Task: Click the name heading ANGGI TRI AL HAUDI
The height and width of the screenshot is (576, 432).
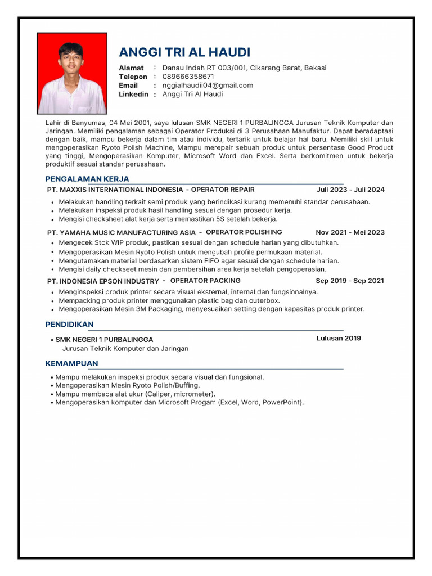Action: (x=184, y=52)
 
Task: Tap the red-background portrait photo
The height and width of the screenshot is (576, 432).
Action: (x=72, y=74)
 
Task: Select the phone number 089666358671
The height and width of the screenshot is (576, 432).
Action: (x=188, y=76)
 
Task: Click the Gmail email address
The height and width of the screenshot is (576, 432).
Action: (x=208, y=85)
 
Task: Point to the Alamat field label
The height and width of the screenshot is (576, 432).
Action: (x=131, y=68)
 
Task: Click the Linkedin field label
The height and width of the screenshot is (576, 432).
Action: (x=133, y=94)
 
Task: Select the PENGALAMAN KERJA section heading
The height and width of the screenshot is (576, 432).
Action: (x=87, y=179)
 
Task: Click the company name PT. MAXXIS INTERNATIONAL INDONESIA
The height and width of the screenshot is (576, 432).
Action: (x=115, y=190)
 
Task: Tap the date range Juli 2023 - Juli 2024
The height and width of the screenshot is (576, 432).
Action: (x=350, y=190)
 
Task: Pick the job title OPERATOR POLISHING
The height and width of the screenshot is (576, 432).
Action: (x=244, y=232)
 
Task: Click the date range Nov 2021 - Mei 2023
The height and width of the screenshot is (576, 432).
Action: (x=350, y=232)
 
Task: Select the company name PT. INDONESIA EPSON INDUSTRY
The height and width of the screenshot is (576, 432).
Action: (x=103, y=281)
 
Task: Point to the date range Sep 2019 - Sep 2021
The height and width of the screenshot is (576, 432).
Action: (x=350, y=281)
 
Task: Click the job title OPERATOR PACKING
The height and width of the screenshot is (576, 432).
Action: (x=205, y=281)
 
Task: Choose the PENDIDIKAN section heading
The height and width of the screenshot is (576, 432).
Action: (x=69, y=325)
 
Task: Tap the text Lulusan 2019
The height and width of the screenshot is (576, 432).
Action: (x=339, y=339)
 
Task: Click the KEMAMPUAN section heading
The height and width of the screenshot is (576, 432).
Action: (x=71, y=363)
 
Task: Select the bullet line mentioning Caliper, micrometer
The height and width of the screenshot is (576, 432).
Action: (x=135, y=394)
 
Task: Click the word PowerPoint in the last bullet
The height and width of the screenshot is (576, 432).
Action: (x=282, y=403)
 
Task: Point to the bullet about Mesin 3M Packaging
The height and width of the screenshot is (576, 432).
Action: (x=211, y=309)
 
